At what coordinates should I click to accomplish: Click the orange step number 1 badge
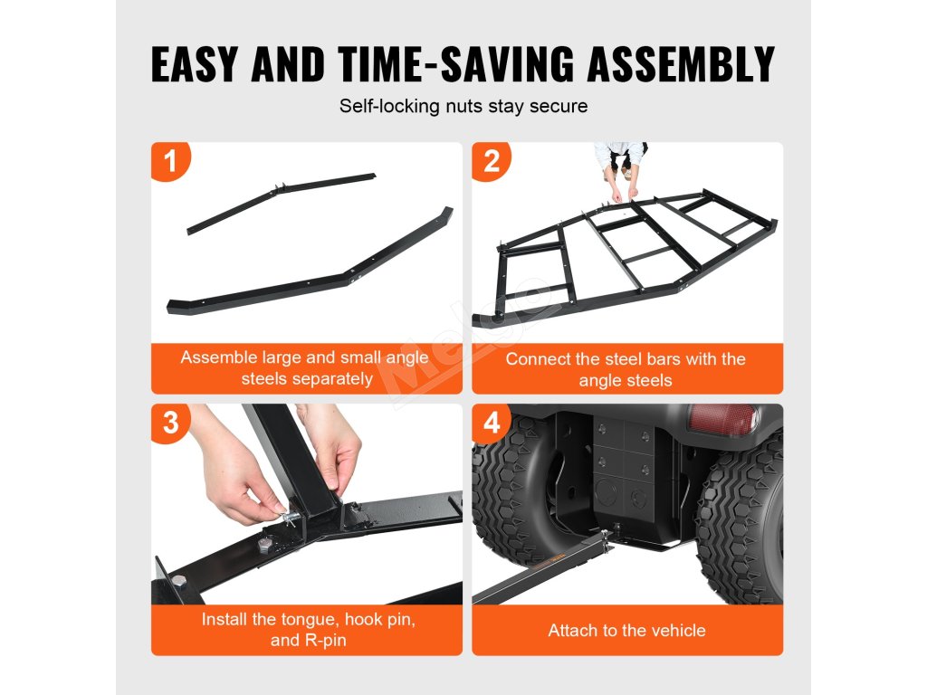tap(170, 161)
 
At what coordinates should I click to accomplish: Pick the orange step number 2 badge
tap(492, 161)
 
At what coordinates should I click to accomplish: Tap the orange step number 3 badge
tap(170, 423)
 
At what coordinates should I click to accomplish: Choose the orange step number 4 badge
tap(492, 423)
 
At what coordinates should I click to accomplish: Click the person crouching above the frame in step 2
tap(621, 168)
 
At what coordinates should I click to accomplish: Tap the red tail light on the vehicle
tap(722, 418)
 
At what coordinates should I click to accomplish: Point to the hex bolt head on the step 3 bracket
tap(266, 545)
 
